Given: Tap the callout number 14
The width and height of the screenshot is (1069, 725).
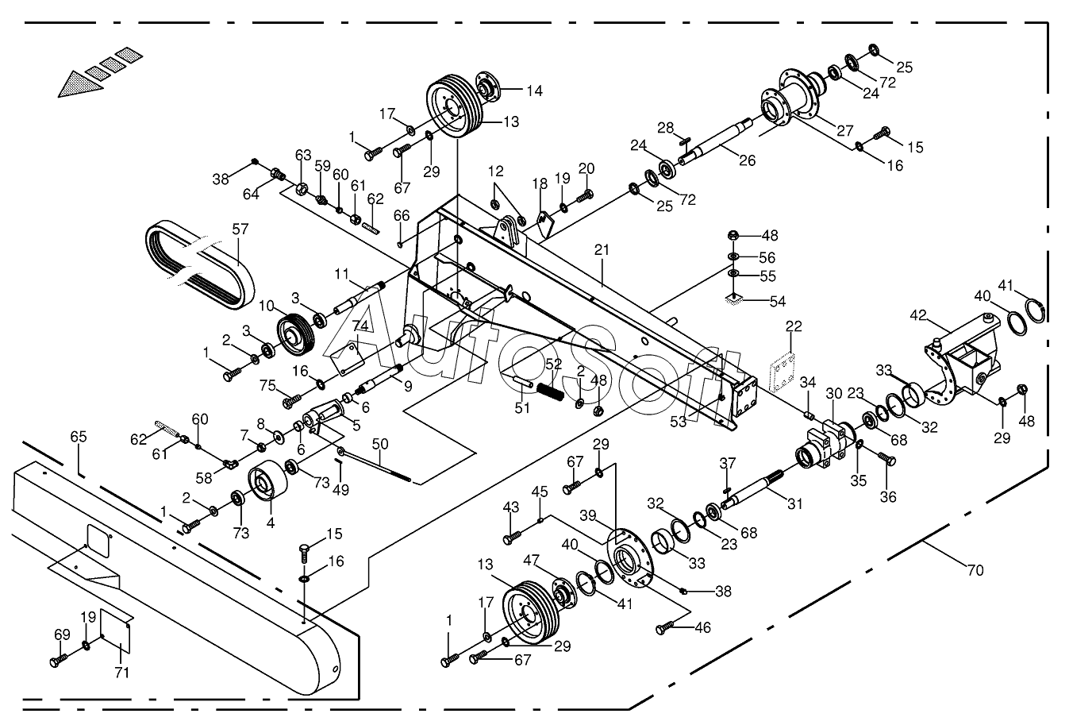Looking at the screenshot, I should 534,91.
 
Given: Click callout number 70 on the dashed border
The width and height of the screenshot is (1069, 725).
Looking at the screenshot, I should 975,570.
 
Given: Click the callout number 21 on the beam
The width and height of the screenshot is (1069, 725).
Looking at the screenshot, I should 602,250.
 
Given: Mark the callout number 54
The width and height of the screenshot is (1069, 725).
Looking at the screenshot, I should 778,302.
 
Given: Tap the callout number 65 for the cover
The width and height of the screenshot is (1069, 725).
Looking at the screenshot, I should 78,437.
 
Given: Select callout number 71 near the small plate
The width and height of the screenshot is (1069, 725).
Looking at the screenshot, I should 121,673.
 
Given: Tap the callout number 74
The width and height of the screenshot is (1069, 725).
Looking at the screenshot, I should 361,326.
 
